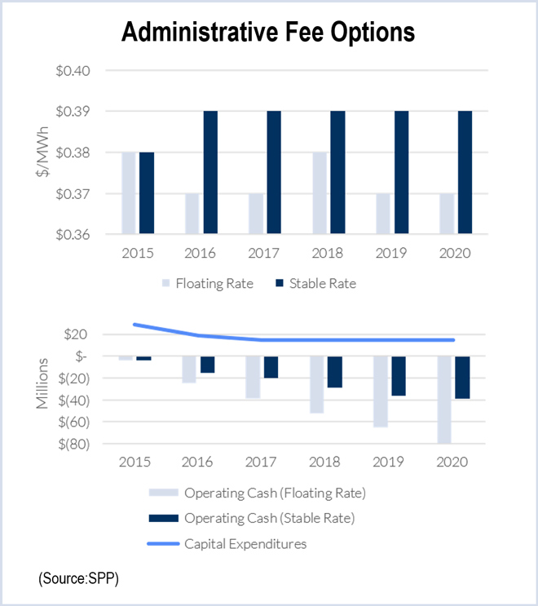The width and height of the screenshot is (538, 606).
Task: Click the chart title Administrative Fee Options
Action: (268, 32)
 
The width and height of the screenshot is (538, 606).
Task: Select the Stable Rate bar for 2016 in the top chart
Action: (209, 172)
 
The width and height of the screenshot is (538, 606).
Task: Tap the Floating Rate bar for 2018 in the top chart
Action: (320, 193)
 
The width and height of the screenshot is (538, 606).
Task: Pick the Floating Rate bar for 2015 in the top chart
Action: (128, 193)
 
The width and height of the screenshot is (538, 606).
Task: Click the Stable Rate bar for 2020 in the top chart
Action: (465, 172)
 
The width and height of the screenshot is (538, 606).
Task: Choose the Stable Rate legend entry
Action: (315, 284)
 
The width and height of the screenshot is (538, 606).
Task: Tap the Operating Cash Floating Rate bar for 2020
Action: (444, 400)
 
